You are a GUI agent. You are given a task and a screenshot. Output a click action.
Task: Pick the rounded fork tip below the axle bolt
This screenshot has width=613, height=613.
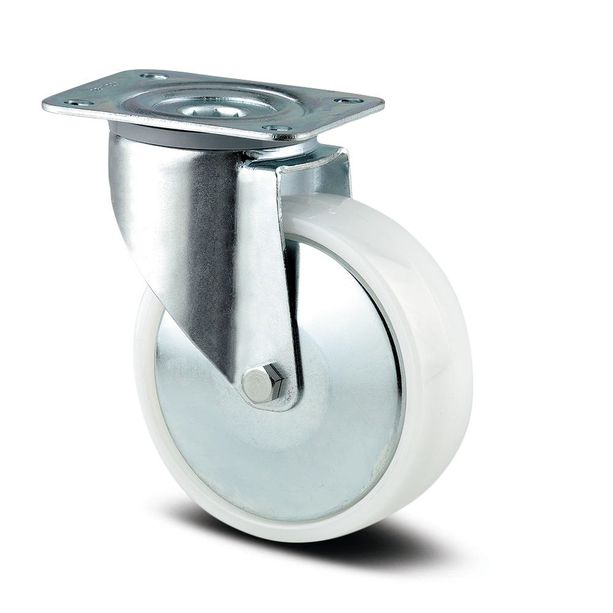point(270,405)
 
